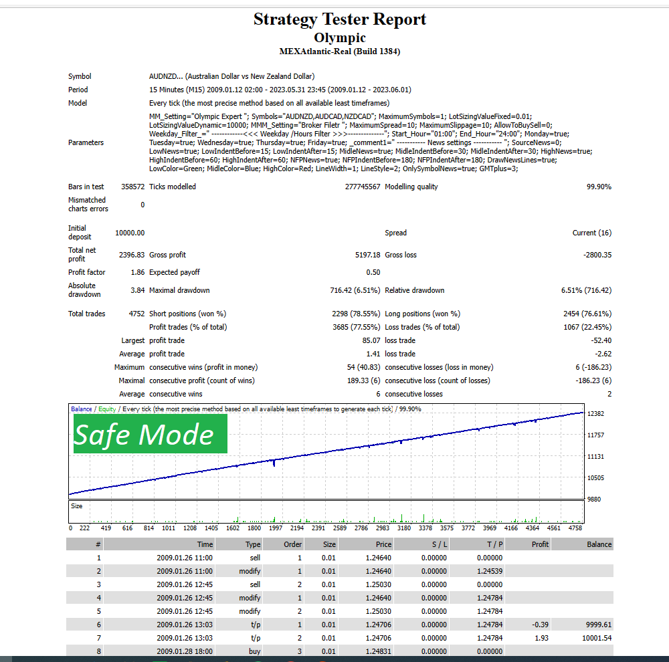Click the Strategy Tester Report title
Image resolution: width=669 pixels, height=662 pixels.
pos(339,19)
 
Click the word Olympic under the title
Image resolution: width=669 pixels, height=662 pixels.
pos(339,37)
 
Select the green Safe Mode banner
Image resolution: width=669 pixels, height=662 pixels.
pos(150,434)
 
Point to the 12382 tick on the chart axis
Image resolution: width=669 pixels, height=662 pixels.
pos(595,414)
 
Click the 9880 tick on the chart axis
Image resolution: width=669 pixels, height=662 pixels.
pos(593,500)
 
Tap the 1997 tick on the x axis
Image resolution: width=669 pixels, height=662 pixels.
pos(275,528)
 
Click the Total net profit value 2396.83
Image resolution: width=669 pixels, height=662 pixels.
pos(132,255)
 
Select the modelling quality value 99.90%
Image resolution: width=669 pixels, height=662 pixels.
pos(599,187)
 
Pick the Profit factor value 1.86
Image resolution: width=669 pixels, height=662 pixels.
pos(137,272)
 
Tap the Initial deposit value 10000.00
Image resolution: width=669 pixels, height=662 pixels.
pos(130,233)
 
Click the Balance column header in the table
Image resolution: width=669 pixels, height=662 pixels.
pos(599,544)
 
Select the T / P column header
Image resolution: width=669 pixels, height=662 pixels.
pos(494,544)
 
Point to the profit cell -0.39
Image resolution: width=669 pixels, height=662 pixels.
pos(539,625)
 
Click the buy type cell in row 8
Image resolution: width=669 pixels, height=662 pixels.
pos(254,651)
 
